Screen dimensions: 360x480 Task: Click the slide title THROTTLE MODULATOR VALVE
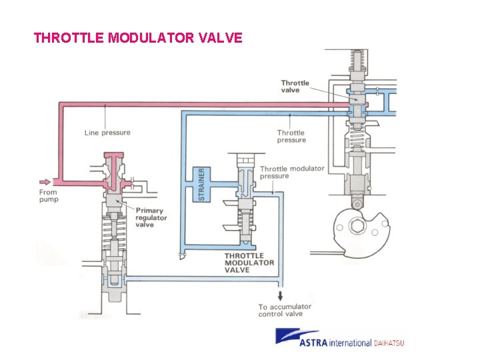click(x=138, y=37)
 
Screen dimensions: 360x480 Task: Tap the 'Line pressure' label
click(x=107, y=132)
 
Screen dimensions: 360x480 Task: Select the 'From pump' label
click(x=48, y=196)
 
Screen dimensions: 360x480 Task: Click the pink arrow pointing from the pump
click(x=45, y=181)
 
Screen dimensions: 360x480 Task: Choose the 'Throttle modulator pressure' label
click(x=291, y=172)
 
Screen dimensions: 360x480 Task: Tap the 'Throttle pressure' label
click(x=291, y=136)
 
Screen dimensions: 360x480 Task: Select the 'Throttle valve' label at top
click(x=295, y=86)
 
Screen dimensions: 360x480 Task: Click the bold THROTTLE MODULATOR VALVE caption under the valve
click(x=249, y=263)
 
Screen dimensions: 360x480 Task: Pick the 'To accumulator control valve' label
click(x=285, y=310)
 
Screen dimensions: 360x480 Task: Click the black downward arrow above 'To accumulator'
click(x=280, y=295)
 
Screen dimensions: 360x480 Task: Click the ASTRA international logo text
click(x=335, y=343)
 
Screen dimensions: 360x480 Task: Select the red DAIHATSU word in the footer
click(x=389, y=343)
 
